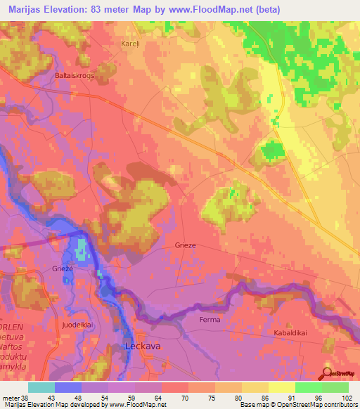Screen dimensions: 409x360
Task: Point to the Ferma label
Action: (210, 319)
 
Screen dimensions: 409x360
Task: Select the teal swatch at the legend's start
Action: (41, 387)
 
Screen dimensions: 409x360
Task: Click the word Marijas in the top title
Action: (23, 9)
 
